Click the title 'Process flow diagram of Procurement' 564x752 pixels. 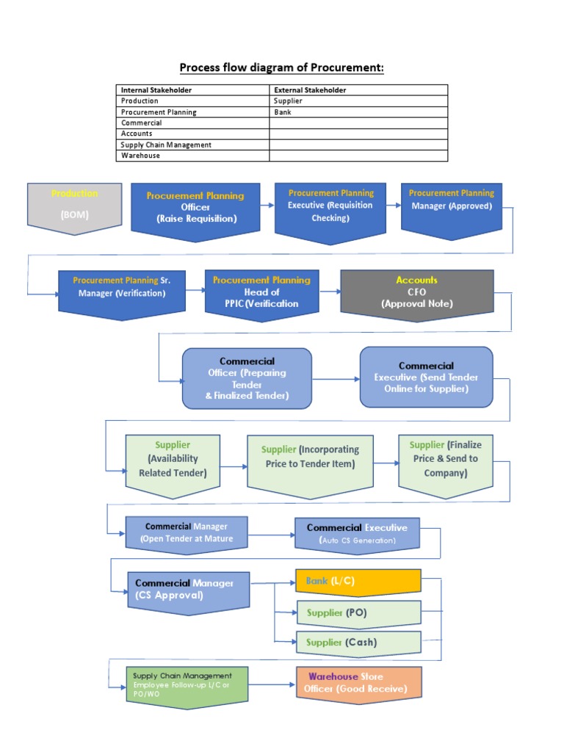[282, 68]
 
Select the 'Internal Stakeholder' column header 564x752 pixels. [156, 90]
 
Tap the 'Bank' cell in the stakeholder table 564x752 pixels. [283, 112]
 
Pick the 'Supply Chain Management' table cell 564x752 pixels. [166, 145]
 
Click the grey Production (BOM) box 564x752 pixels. [74, 206]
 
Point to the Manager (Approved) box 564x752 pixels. [452, 206]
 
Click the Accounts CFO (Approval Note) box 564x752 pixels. [416, 293]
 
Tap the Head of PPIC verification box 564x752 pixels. [261, 293]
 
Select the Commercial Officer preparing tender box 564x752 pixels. [247, 377]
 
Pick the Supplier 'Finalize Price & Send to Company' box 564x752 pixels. [445, 459]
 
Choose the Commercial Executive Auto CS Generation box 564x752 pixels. [357, 534]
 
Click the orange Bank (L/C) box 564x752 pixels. [358, 581]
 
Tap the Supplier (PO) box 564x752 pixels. [358, 612]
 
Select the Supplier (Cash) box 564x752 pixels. [358, 642]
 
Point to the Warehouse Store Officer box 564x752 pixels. [358, 684]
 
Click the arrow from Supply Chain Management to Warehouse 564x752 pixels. [272, 684]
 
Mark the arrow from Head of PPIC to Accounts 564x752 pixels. [328, 292]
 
